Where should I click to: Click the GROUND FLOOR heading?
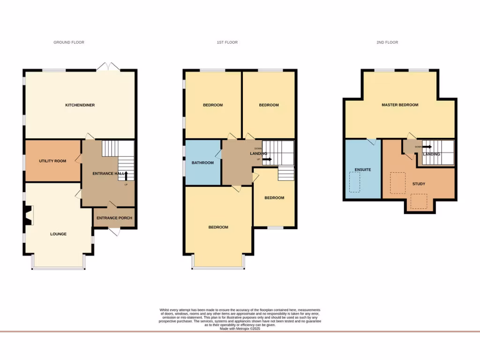(68, 42)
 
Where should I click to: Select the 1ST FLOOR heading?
(227, 42)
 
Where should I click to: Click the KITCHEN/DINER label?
(80, 105)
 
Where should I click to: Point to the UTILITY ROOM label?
(52, 161)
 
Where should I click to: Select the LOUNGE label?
(58, 234)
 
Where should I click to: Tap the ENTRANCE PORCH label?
(114, 218)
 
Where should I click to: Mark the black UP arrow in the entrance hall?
(126, 176)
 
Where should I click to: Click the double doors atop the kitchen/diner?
(108, 67)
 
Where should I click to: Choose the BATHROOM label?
(202, 163)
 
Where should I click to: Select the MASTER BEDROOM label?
(400, 105)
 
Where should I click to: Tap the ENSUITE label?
(363, 170)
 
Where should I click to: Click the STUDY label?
(419, 184)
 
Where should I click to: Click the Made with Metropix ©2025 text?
(240, 329)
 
